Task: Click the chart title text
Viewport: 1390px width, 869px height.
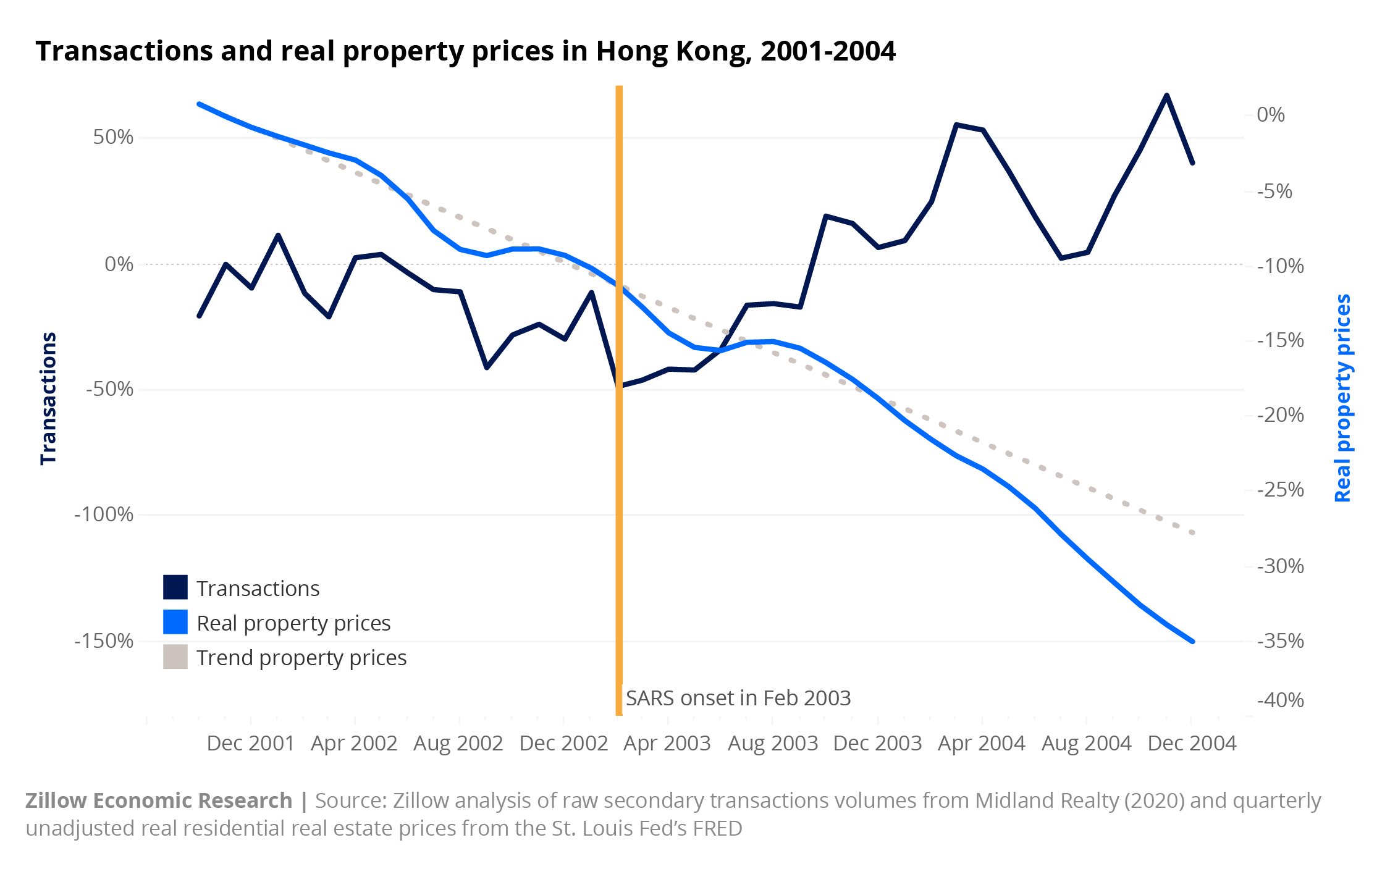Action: click(465, 51)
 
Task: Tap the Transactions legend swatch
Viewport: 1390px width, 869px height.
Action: click(175, 587)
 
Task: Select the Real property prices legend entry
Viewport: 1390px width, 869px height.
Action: click(293, 623)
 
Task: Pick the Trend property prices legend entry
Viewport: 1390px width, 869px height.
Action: click(301, 658)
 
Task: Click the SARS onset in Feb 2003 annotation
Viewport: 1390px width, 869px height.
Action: click(738, 698)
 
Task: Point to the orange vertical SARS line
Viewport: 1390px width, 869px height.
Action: click(618, 494)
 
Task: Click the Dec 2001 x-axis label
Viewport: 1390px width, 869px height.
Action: click(250, 743)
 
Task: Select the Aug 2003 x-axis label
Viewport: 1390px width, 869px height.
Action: click(772, 743)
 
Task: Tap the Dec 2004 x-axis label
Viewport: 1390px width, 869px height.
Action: click(1191, 743)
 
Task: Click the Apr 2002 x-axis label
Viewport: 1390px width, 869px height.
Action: click(354, 743)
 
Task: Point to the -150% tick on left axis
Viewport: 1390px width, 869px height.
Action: click(104, 641)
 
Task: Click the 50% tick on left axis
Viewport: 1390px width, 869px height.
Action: click(113, 137)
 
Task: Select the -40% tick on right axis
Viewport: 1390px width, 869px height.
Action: click(1280, 700)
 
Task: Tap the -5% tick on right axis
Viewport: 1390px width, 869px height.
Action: click(1274, 191)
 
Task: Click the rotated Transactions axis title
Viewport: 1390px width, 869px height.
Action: click(48, 398)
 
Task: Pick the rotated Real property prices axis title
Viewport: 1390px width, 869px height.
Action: click(1342, 398)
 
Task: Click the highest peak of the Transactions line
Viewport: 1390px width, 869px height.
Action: click(1166, 95)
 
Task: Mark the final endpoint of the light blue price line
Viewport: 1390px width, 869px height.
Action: click(1192, 641)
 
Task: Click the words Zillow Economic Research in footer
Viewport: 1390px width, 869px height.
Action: click(159, 800)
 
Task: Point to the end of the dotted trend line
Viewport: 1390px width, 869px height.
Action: click(1192, 532)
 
